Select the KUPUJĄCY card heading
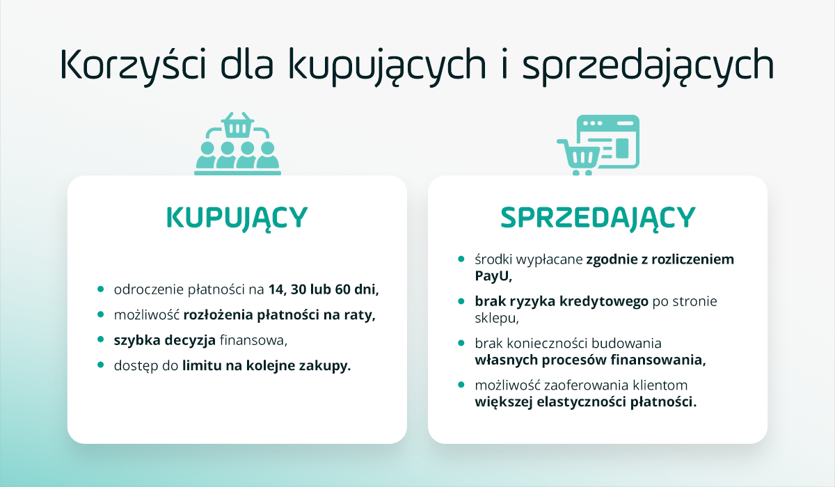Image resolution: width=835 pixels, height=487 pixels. click(x=237, y=218)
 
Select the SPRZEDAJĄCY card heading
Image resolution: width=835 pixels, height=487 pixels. click(x=598, y=218)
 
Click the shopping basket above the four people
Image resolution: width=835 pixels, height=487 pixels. click(x=237, y=125)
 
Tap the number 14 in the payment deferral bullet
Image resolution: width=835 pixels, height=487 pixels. click(x=276, y=289)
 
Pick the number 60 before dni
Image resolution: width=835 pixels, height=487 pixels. click(x=342, y=289)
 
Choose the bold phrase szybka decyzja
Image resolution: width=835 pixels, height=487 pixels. click(x=164, y=341)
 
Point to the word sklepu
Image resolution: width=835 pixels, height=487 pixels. click(x=496, y=318)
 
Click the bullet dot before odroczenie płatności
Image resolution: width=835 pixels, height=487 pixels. click(x=100, y=289)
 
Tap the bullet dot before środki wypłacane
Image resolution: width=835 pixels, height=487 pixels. click(x=461, y=259)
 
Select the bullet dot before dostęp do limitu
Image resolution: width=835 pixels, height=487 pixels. click(x=100, y=365)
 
